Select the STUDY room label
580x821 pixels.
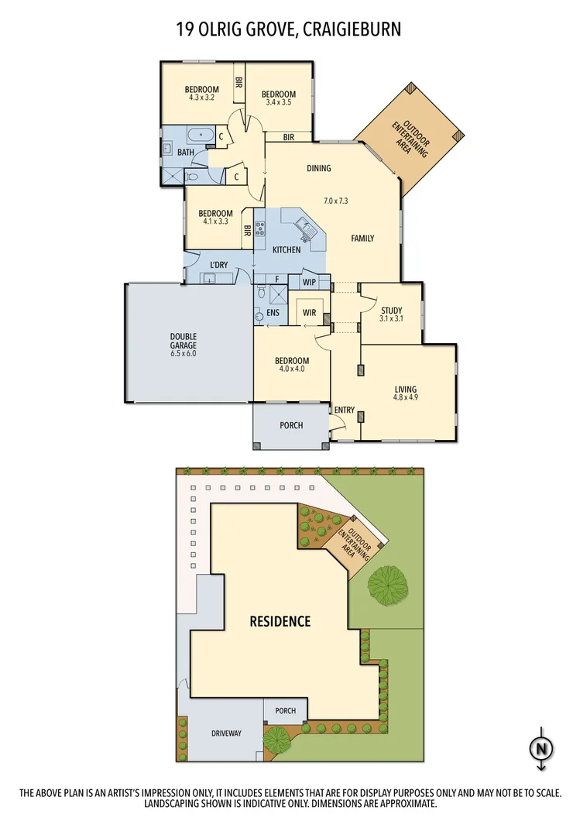[391, 311]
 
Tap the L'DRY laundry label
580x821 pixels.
[219, 265]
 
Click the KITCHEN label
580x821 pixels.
[286, 250]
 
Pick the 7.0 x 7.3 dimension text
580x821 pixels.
[336, 201]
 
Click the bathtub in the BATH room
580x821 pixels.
[202, 135]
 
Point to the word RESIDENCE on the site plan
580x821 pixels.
[280, 621]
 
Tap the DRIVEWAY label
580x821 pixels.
[225, 733]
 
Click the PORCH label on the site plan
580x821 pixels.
[285, 710]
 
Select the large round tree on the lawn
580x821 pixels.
[388, 582]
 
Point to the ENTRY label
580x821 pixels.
[344, 410]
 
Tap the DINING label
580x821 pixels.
[318, 168]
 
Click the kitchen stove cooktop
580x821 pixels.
[261, 228]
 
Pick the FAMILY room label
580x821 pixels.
[362, 238]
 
